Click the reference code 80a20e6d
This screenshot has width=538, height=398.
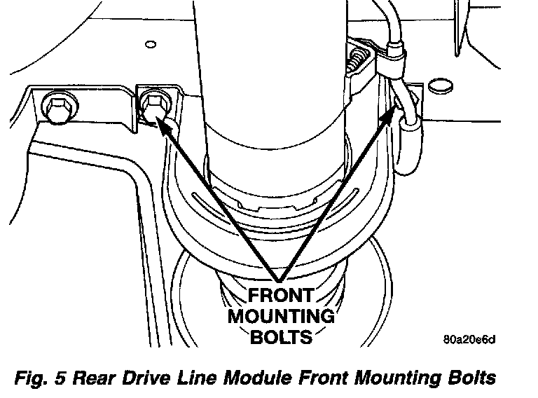(469, 341)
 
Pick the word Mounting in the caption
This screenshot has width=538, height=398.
(386, 378)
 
